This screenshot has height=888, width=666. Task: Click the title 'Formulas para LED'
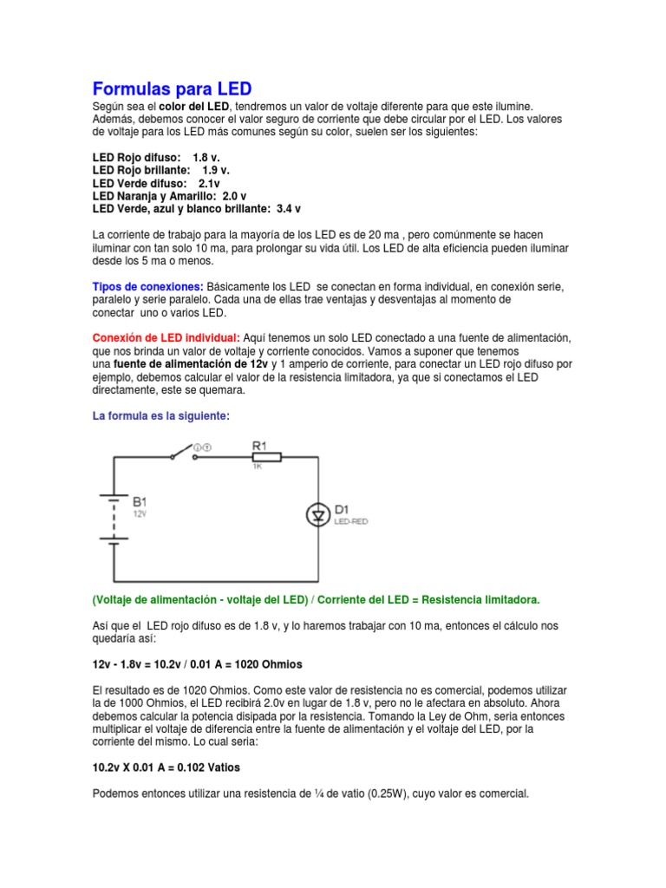[172, 88]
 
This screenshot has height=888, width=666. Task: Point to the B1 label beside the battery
[140, 501]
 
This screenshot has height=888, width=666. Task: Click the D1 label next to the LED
[341, 508]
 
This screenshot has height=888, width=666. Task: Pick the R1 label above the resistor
[259, 444]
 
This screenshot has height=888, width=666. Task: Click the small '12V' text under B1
[140, 513]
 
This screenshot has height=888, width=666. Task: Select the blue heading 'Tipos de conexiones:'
[148, 286]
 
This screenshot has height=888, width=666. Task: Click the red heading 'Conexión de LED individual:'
[166, 336]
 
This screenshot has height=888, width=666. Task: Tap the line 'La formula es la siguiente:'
[161, 416]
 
